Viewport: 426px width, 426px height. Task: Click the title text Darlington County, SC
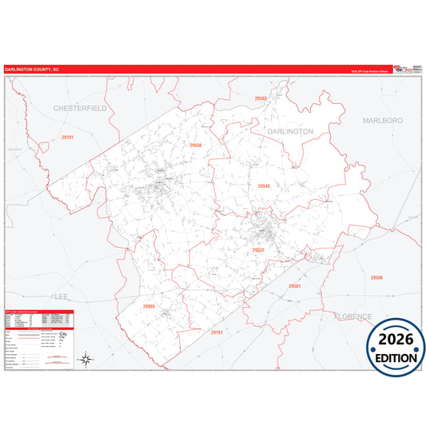(32, 70)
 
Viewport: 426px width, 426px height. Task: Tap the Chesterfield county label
(80, 106)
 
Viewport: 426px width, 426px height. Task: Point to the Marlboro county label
(382, 120)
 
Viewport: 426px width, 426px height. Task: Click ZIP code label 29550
(196, 145)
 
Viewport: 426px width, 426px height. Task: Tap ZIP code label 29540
(264, 185)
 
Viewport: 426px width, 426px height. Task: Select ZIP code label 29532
(258, 249)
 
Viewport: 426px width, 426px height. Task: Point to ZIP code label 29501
(294, 285)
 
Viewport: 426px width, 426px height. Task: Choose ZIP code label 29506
(376, 277)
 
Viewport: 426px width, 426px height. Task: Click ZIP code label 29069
(149, 306)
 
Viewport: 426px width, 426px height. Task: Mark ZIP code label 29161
(216, 332)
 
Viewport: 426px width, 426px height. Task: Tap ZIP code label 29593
(261, 98)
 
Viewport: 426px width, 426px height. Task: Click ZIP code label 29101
(68, 137)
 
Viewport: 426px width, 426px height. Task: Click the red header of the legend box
(38, 312)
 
